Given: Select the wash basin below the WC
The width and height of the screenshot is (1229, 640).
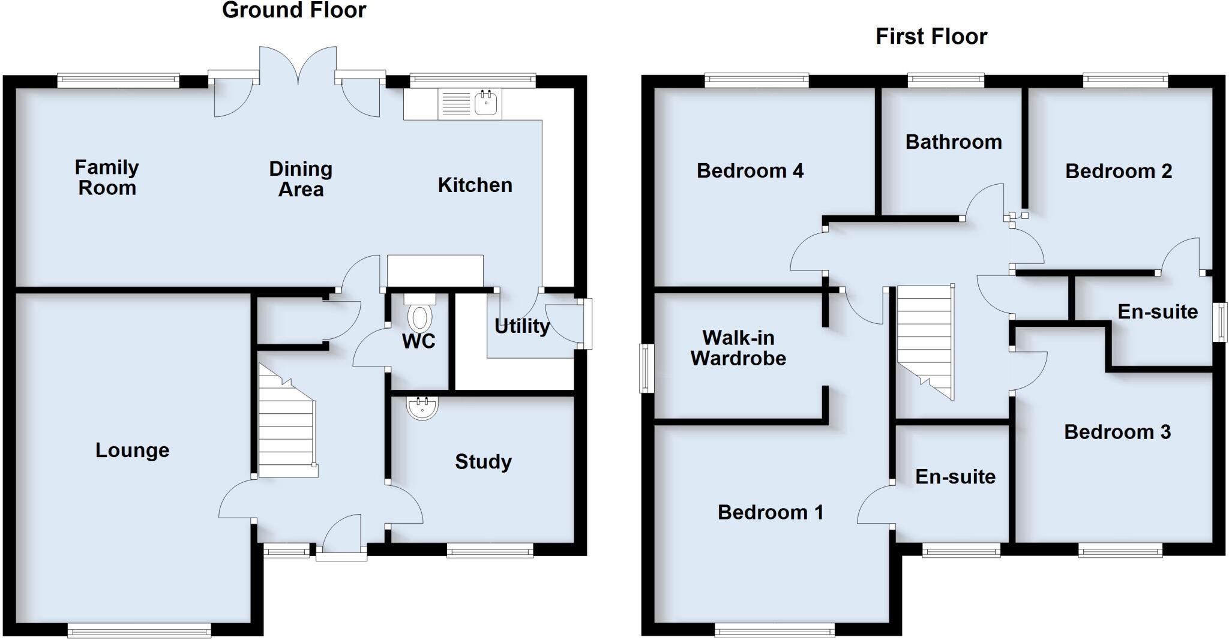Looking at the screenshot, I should tap(423, 407).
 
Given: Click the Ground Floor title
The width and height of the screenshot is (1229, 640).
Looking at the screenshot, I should tap(294, 10).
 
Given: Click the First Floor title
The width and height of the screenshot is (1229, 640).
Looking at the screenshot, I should tap(931, 37).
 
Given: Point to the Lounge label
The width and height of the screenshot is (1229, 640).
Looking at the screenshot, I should tap(132, 450).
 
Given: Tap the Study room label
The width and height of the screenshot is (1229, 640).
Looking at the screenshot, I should tap(483, 461).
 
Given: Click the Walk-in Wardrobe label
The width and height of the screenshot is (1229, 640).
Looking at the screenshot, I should tap(738, 348).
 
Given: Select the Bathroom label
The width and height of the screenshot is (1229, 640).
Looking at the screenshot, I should tap(953, 142).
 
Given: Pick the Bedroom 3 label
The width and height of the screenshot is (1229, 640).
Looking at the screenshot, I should tap(1117, 432).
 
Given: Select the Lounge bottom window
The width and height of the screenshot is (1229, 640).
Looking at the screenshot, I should tap(139, 630).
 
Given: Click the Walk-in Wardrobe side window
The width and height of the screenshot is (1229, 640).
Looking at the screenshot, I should tap(646, 368).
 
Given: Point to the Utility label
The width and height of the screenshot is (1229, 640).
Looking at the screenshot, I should tap(521, 326).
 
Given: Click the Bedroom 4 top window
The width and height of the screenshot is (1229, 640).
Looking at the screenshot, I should tap(756, 80).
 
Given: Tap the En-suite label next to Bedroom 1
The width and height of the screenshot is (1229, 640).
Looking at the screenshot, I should tap(955, 476).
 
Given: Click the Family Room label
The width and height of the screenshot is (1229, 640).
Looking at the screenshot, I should tap(107, 177).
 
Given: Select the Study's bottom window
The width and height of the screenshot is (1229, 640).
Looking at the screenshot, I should tap(490, 550).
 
